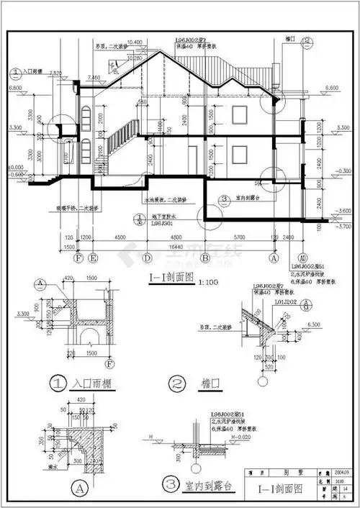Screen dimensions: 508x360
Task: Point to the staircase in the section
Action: [x=120, y=141]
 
